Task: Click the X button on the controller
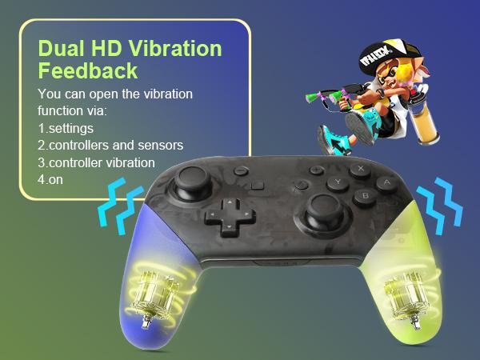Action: click(x=360, y=170)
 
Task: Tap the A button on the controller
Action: click(x=387, y=184)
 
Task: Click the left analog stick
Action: click(x=193, y=182)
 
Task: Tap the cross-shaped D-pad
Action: click(x=230, y=217)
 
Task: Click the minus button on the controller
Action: click(x=242, y=170)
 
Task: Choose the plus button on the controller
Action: click(x=317, y=170)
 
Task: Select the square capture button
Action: click(x=257, y=186)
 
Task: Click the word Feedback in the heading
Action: click(x=88, y=70)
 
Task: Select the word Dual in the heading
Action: click(x=62, y=48)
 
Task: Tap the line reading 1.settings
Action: click(x=66, y=128)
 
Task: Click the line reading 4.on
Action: click(x=50, y=179)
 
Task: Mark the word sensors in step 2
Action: click(x=161, y=145)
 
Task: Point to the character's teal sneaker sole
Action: click(x=332, y=139)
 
